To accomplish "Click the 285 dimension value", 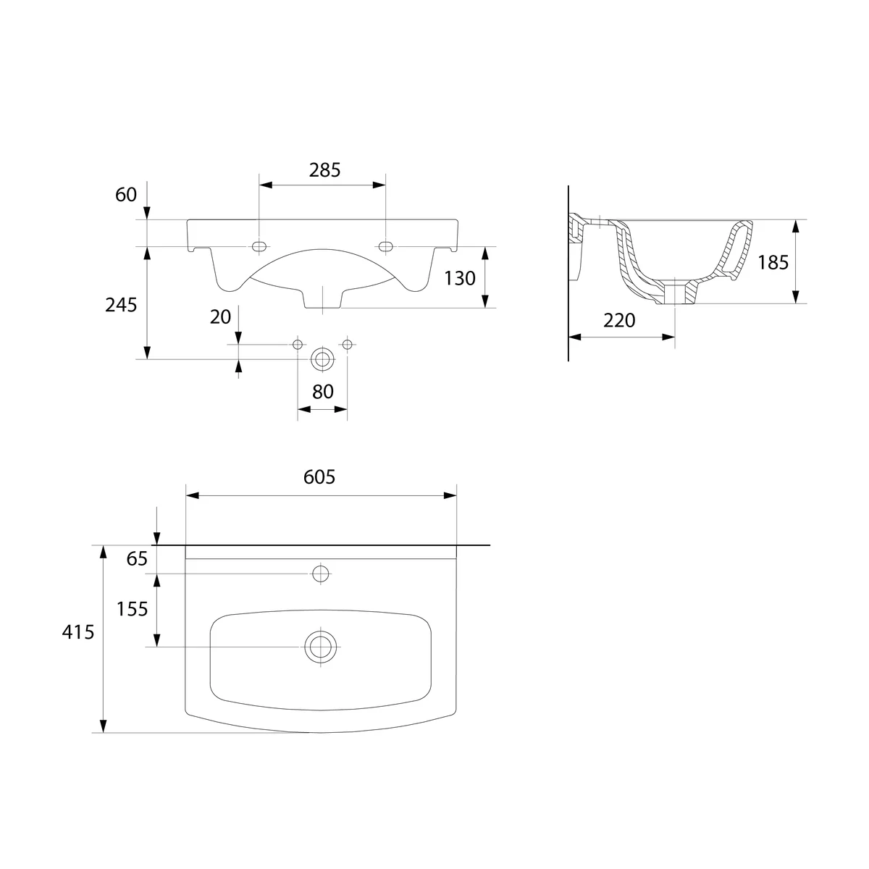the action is [324, 170].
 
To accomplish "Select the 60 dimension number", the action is [126, 195].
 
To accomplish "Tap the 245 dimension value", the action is [121, 306].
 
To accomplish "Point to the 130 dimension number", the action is [460, 279].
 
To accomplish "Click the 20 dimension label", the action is [221, 317].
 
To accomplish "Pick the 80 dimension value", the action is [323, 392].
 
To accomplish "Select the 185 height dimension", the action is [773, 262].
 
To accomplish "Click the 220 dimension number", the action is [619, 321].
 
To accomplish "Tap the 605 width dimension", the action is [319, 477].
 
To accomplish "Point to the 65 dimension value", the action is [137, 559].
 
